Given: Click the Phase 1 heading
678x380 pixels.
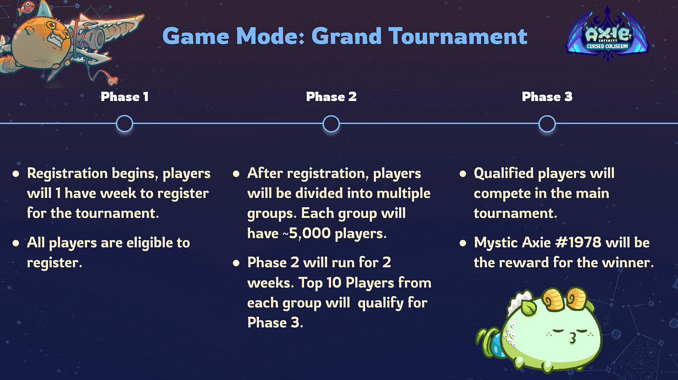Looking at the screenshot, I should pos(124,97).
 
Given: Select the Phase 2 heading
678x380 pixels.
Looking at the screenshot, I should pos(331,97).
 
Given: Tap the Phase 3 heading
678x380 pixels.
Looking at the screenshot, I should pos(547,97).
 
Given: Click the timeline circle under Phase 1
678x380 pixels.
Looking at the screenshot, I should pos(124,124).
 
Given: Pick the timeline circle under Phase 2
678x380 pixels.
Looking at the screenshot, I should pos(331,124).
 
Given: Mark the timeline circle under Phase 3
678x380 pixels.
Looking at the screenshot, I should pos(547,124).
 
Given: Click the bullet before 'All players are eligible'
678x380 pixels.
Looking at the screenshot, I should pos(16,243).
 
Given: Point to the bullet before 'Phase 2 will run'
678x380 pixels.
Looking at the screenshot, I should pos(236,263).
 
